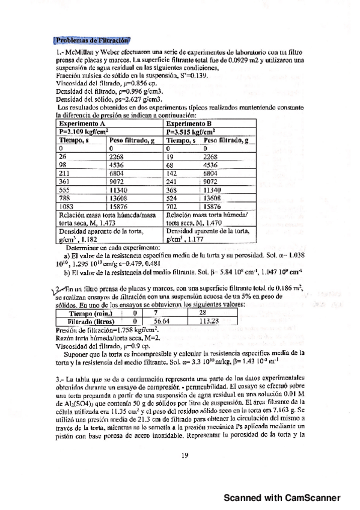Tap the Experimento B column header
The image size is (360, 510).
191,121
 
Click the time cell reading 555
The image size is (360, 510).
66,189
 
